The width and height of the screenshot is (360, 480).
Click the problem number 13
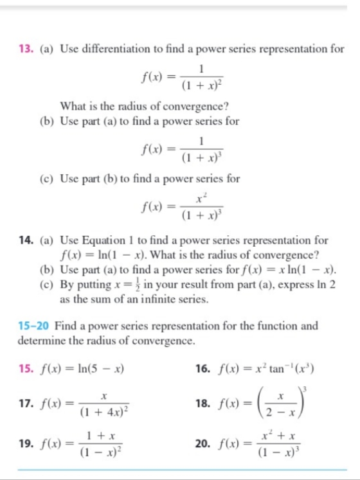tap(25, 49)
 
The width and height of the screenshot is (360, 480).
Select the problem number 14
tap(25, 241)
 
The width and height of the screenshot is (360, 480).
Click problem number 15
tap(25, 369)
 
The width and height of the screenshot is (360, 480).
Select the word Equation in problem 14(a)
tap(107, 241)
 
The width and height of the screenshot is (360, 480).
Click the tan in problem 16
tap(273, 369)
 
